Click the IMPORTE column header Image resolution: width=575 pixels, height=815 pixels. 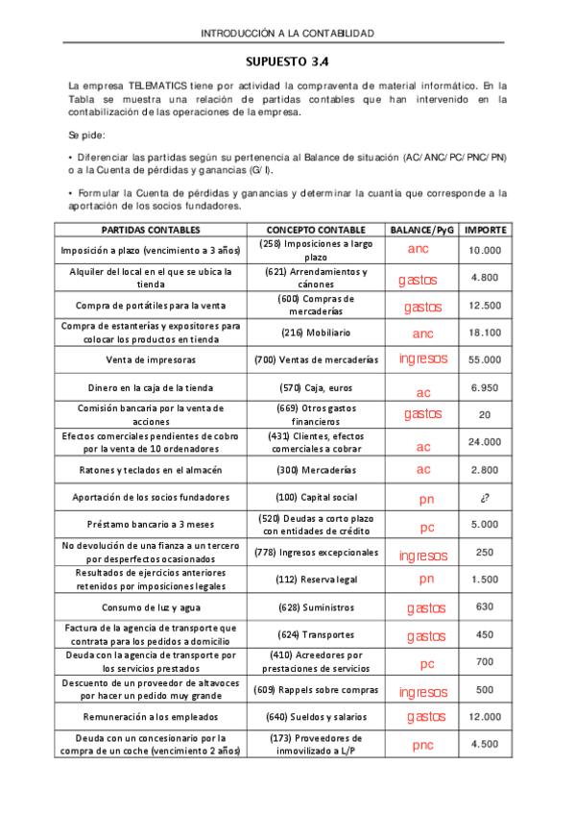pyautogui.click(x=485, y=231)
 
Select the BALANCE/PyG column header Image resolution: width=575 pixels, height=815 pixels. pyautogui.click(x=421, y=231)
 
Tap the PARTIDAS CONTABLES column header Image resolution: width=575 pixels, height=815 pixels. pyautogui.click(x=151, y=231)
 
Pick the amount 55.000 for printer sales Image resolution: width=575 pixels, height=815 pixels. pyautogui.click(x=485, y=359)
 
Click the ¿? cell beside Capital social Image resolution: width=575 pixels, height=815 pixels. pyautogui.click(x=485, y=498)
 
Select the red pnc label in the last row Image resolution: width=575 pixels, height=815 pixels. pyautogui.click(x=422, y=745)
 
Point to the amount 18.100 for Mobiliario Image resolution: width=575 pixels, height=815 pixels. pyautogui.click(x=485, y=333)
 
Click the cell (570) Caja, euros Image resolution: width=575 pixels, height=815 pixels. pyautogui.click(x=316, y=387)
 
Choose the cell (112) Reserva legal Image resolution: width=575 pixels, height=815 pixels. pyautogui.click(x=316, y=580)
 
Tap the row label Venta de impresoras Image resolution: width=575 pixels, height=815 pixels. pyautogui.click(x=151, y=359)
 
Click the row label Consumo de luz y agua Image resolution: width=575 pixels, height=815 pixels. pyautogui.click(x=151, y=607)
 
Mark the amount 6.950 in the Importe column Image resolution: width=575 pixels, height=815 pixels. pyautogui.click(x=485, y=387)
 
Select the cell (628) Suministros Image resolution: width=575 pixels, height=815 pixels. pyautogui.click(x=316, y=607)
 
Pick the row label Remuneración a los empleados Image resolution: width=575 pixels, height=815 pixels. pyautogui.click(x=151, y=717)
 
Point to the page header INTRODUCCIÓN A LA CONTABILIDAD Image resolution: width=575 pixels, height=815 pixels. pyautogui.click(x=287, y=34)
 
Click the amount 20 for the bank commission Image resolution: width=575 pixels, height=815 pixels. pyautogui.click(x=485, y=414)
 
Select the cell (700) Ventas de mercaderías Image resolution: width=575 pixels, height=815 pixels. pyautogui.click(x=316, y=359)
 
